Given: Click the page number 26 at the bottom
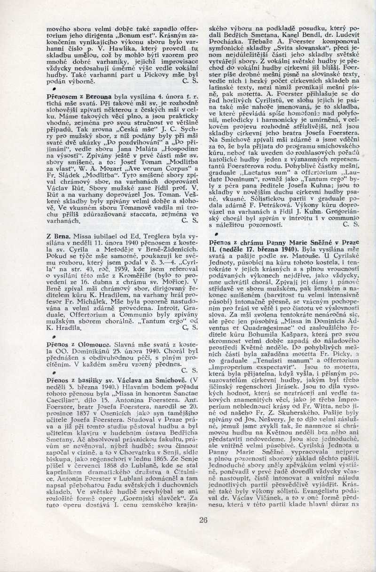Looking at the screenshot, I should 203,520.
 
